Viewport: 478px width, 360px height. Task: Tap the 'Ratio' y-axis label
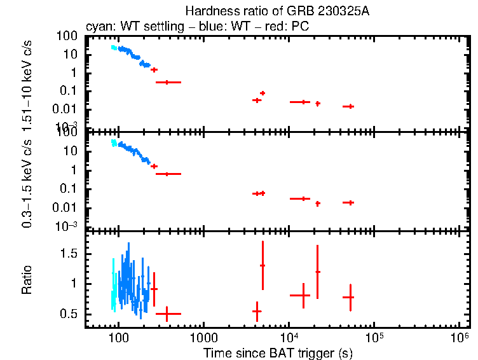(27, 279)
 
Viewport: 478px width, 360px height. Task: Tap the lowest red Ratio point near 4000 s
(257, 311)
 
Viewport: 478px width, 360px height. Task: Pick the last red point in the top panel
(348, 106)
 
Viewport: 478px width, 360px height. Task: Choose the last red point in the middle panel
(348, 202)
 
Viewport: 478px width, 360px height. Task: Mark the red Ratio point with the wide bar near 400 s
(167, 314)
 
